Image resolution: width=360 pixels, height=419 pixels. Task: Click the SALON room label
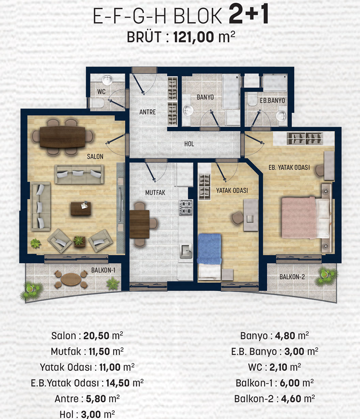pyautogui.click(x=95, y=156)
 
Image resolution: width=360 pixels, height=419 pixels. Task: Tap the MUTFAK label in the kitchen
pyautogui.click(x=155, y=192)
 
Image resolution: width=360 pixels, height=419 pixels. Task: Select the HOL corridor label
pyautogui.click(x=189, y=144)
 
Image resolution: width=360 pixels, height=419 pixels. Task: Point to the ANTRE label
pyautogui.click(x=148, y=112)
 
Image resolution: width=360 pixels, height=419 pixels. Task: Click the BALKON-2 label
pyautogui.click(x=292, y=277)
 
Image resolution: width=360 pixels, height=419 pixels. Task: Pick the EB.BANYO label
pyautogui.click(x=272, y=100)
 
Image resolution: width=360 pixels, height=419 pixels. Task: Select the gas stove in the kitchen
pyautogui.click(x=186, y=207)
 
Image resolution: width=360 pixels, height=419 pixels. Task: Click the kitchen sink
pyautogui.click(x=186, y=251)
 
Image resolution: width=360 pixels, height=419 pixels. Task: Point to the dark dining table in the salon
pyautogui.click(x=62, y=137)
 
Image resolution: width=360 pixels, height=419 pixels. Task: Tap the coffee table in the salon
pyautogui.click(x=81, y=208)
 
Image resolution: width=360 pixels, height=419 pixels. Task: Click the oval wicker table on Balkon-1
pyautogui.click(x=71, y=279)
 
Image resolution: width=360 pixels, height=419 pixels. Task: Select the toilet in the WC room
pyautogui.click(x=96, y=103)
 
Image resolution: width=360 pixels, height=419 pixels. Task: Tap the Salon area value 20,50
pyautogui.click(x=96, y=336)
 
